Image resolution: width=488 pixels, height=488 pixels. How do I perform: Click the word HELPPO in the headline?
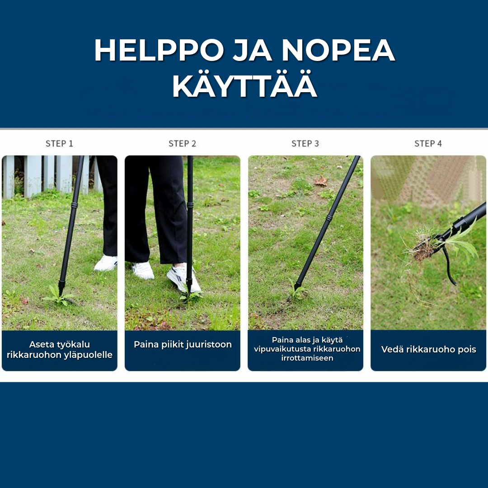coord(159,51)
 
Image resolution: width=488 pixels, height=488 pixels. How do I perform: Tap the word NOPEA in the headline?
coord(338,51)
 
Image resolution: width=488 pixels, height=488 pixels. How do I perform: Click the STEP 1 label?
coord(59,144)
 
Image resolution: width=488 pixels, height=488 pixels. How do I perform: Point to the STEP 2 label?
coord(182,144)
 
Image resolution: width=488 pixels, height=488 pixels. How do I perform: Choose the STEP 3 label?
coord(305,144)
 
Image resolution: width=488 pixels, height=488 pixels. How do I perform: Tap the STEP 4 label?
coord(428,144)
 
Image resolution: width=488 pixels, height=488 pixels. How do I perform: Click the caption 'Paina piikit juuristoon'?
coord(183,344)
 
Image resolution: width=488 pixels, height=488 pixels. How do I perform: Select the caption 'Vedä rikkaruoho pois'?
coord(428,349)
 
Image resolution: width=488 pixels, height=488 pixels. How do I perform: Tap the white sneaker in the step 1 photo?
coord(106,263)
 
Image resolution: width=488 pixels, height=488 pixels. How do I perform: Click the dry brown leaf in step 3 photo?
coord(321,181)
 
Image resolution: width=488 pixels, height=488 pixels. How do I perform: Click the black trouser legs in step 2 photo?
coord(156,208)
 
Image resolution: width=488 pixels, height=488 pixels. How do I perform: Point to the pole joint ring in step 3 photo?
coord(329,218)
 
